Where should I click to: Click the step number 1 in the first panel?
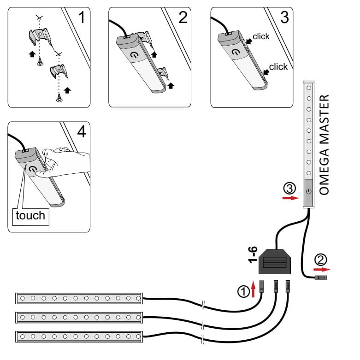[x=82, y=18]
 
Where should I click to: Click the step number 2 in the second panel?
[x=183, y=18]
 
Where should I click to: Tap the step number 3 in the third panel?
[x=284, y=18]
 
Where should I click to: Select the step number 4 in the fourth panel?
[x=82, y=132]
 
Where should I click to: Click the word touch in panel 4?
[x=30, y=215]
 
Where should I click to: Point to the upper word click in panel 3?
[x=261, y=36]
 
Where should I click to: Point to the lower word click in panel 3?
[x=278, y=67]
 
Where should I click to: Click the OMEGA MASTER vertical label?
[x=325, y=145]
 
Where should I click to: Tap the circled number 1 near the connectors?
[x=243, y=291]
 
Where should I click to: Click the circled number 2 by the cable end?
[x=321, y=259]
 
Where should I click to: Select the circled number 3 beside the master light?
[x=289, y=188]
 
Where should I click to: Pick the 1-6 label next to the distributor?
[x=253, y=254]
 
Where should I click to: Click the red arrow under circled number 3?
[x=289, y=198]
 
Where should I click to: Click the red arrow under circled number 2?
[x=322, y=269]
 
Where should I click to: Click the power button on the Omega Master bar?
[x=308, y=191]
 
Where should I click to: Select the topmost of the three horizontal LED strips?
[x=79, y=298]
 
